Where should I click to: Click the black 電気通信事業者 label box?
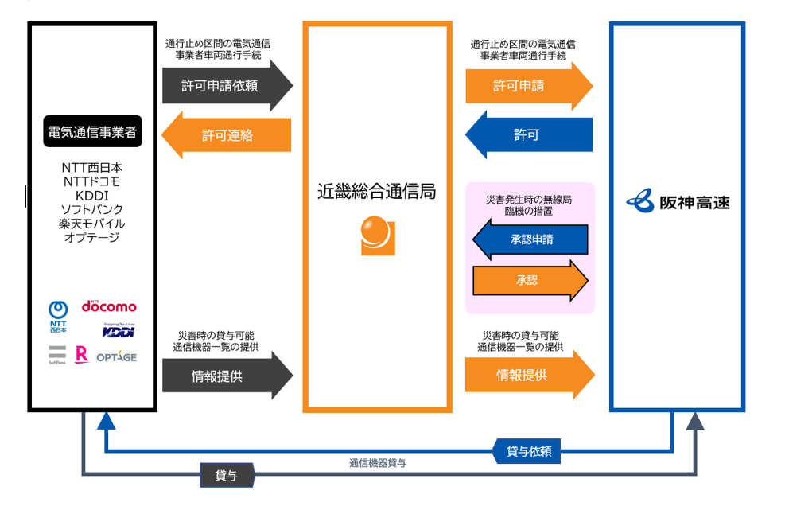(92, 132)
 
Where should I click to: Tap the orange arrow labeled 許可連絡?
(227, 135)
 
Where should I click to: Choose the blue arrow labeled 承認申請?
(530, 239)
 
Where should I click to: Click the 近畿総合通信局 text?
(377, 192)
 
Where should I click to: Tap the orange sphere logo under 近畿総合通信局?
(377, 235)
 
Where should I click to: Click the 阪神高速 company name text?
(694, 202)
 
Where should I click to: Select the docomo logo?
(109, 306)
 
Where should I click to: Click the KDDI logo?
(118, 330)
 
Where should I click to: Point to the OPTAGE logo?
(117, 356)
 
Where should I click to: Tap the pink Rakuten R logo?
(80, 355)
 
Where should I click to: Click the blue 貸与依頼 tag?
(528, 452)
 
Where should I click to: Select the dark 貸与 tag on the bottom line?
(227, 476)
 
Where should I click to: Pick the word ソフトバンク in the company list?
(92, 209)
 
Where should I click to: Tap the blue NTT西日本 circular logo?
(58, 310)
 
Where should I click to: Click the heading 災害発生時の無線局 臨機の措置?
(528, 205)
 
